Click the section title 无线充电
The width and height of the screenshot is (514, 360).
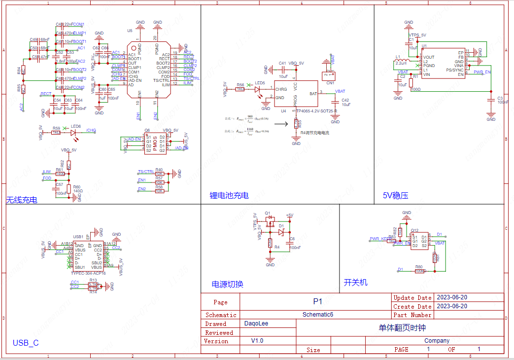click(22, 200)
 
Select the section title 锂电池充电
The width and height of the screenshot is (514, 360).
click(229, 195)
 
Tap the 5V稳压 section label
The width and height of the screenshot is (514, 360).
click(395, 195)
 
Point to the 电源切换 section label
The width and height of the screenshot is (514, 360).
click(227, 284)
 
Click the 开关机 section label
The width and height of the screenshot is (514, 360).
click(355, 282)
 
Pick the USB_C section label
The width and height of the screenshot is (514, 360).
click(26, 343)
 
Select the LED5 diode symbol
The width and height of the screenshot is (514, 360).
click(258, 89)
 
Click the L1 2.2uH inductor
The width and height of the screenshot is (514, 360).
click(401, 62)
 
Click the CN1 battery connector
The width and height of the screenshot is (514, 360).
click(328, 75)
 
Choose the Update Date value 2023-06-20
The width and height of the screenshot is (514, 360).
click(452, 297)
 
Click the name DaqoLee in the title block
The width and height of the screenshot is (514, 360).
click(256, 324)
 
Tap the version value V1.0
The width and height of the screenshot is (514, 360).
click(257, 341)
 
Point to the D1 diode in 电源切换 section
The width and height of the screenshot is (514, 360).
click(281, 232)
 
